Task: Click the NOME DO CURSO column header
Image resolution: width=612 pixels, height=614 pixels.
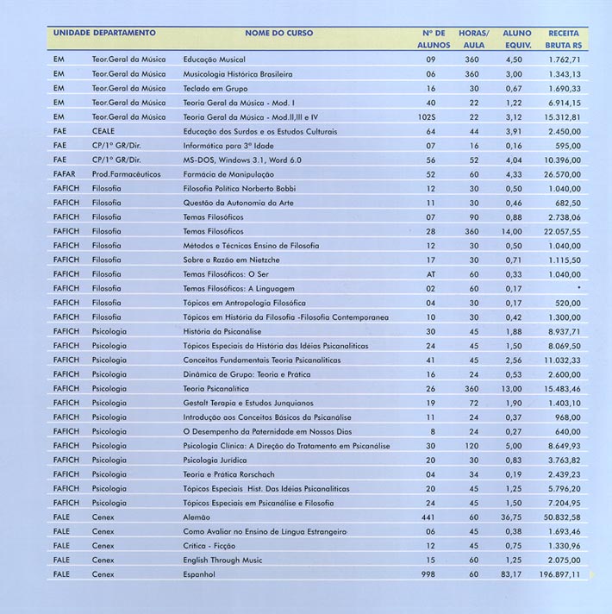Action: [x=279, y=32]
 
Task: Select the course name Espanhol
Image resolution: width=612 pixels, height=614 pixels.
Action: [x=202, y=573]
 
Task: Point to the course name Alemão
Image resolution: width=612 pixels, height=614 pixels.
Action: [x=198, y=516]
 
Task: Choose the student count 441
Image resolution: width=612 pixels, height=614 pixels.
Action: [x=428, y=516]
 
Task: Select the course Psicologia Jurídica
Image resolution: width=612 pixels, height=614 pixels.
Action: [x=215, y=459]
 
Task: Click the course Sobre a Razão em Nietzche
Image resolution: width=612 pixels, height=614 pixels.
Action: [x=232, y=259]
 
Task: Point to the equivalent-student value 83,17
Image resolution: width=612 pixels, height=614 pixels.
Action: [x=512, y=573]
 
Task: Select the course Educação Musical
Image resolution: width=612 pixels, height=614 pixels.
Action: [x=215, y=60]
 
